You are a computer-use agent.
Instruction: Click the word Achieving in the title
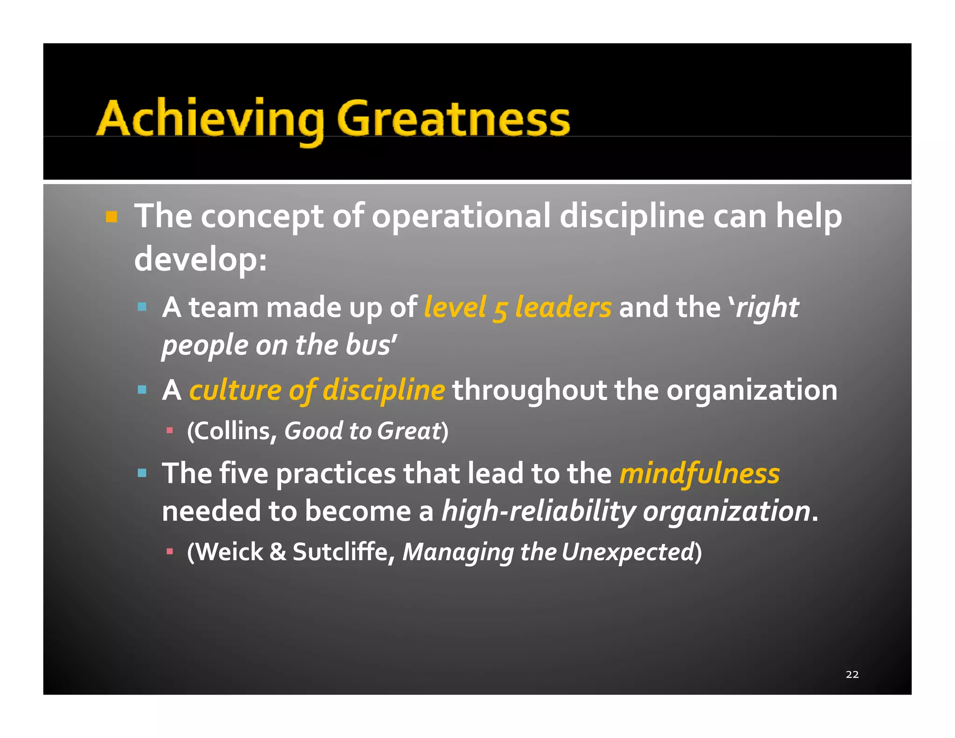pyautogui.click(x=210, y=119)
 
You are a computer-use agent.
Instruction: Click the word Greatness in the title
pyautogui.click(x=453, y=119)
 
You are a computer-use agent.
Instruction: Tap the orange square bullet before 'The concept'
pyautogui.click(x=111, y=217)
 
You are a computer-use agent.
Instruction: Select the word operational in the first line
pyautogui.click(x=461, y=216)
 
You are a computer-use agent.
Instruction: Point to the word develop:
pyautogui.click(x=201, y=259)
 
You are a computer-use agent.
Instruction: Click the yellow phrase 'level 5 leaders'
pyautogui.click(x=518, y=308)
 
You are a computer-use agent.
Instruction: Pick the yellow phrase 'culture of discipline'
pyautogui.click(x=317, y=390)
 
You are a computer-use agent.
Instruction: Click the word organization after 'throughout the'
pyautogui.click(x=752, y=390)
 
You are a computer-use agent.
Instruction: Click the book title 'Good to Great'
pyautogui.click(x=363, y=431)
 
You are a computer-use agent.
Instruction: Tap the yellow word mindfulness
pyautogui.click(x=699, y=473)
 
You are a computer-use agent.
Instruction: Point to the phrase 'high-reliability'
pyautogui.click(x=539, y=511)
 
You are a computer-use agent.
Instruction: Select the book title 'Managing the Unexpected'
pyautogui.click(x=548, y=552)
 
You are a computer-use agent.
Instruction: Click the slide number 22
pyautogui.click(x=852, y=674)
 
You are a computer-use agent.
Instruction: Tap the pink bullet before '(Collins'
pyautogui.click(x=170, y=430)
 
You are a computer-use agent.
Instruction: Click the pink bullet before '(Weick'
pyautogui.click(x=170, y=552)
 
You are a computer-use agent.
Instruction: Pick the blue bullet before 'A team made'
pyautogui.click(x=142, y=307)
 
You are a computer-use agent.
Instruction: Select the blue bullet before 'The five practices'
pyautogui.click(x=142, y=473)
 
